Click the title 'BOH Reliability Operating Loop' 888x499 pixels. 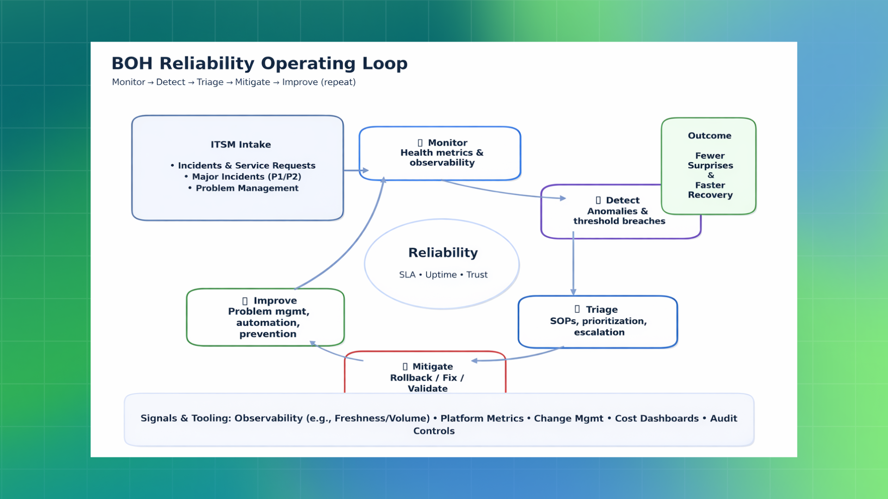[x=259, y=63]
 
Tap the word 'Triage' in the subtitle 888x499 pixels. [x=210, y=82]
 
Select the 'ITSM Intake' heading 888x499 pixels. [x=240, y=145]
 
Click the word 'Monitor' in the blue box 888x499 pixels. [x=447, y=143]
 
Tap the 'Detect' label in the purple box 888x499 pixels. [x=623, y=200]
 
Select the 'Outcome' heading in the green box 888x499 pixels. [x=709, y=136]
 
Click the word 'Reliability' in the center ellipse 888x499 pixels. [x=443, y=253]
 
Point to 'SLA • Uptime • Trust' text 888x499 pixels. [x=443, y=275]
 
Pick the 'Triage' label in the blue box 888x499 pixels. [x=601, y=310]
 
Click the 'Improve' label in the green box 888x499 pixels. [x=275, y=301]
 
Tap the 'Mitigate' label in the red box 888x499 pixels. [x=432, y=367]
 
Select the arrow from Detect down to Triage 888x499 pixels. [x=573, y=263]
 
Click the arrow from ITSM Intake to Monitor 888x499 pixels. [x=356, y=170]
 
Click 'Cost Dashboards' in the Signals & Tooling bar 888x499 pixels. [x=656, y=419]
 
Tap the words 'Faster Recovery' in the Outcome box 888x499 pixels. [x=710, y=190]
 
